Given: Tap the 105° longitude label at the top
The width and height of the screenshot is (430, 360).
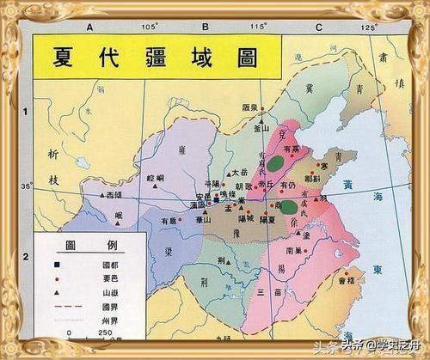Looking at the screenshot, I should click(x=150, y=28).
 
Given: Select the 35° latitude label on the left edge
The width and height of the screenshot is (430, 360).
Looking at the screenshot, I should click(x=26, y=186).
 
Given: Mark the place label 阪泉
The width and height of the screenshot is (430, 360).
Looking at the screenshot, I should click(x=251, y=107).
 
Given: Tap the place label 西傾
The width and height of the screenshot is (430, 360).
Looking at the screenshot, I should click(x=114, y=196).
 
